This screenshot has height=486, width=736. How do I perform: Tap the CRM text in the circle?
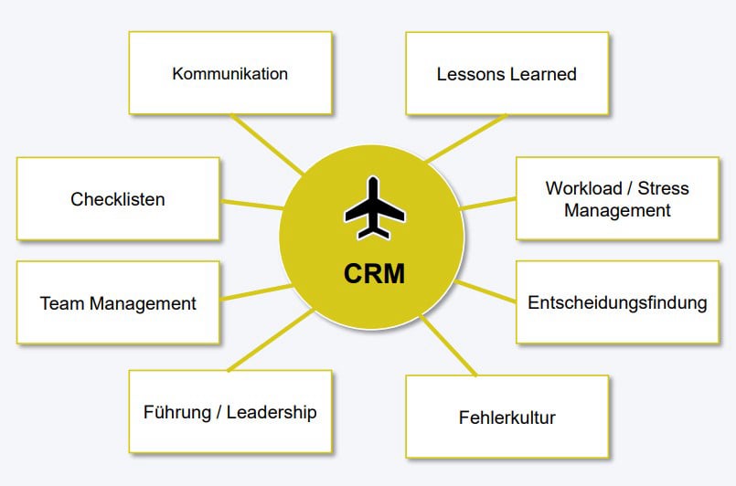pyautogui.click(x=374, y=272)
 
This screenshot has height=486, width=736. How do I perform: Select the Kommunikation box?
pyautogui.click(x=229, y=73)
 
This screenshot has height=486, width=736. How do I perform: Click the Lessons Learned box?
pyautogui.click(x=507, y=74)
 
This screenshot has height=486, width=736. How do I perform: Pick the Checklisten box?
pyautogui.click(x=118, y=198)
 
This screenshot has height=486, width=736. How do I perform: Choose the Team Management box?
pyautogui.click(x=118, y=302)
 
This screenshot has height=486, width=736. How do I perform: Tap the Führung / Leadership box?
pyautogui.click(x=229, y=412)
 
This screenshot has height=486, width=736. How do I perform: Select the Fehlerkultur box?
pyautogui.click(x=507, y=417)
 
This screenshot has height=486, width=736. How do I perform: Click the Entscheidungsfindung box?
pyautogui.click(x=617, y=302)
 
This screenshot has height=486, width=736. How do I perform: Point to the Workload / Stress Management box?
pyautogui.click(x=617, y=199)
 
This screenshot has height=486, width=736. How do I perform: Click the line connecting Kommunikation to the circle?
pyautogui.click(x=267, y=144)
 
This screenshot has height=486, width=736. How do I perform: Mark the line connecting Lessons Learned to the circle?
pyautogui.click(x=464, y=139)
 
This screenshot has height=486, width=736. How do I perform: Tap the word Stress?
pyautogui.click(x=664, y=189)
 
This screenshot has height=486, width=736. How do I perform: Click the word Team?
pyautogui.click(x=60, y=302)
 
